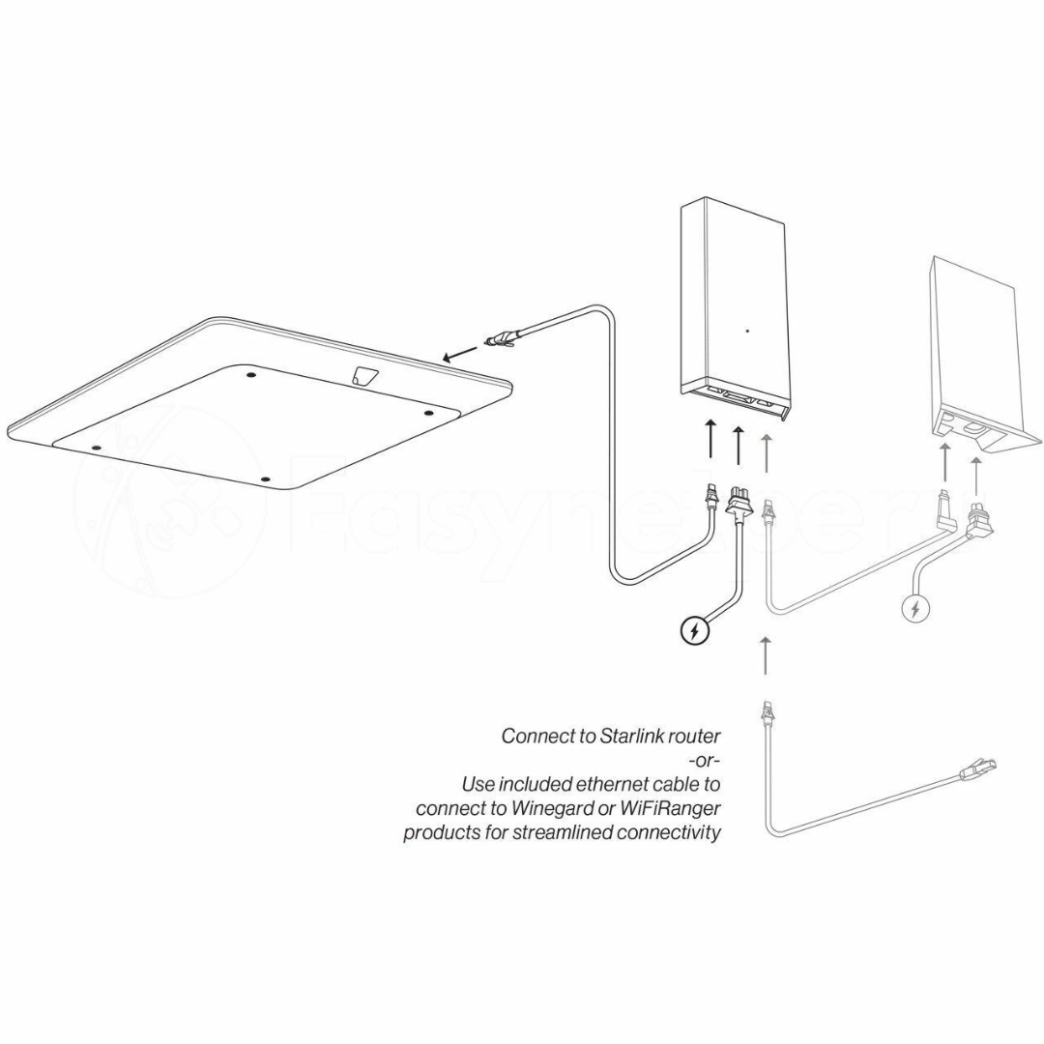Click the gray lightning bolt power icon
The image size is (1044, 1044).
tap(916, 608)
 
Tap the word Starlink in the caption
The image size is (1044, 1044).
tap(629, 736)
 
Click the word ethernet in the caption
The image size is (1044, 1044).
tap(609, 784)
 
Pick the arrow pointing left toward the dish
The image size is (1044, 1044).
tap(460, 354)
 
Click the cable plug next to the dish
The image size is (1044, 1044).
tap(502, 341)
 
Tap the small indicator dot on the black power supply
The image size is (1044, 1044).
tap(747, 331)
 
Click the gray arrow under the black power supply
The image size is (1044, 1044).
tap(767, 452)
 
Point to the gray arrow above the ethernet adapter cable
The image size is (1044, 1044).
tap(766, 655)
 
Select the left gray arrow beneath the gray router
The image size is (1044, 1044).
tap(944, 461)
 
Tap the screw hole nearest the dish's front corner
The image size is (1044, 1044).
tap(266, 478)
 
